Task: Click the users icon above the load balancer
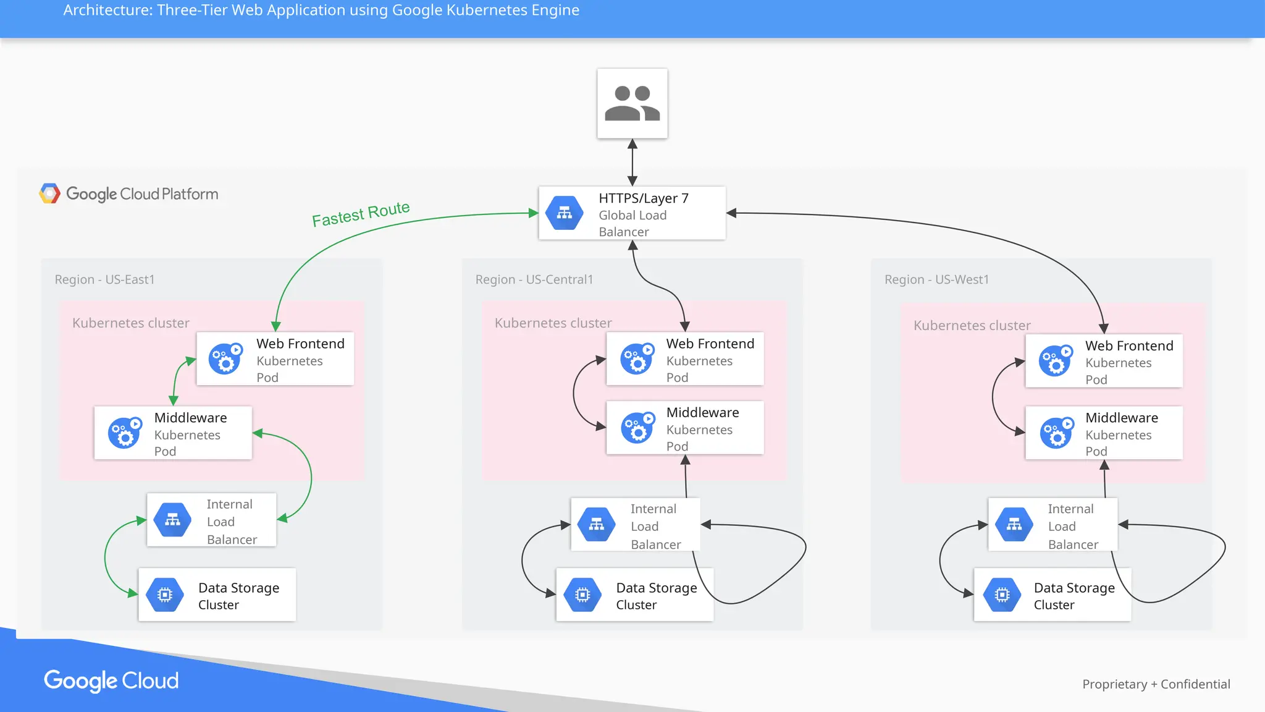(x=632, y=103)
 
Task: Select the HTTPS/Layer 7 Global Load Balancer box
(x=632, y=213)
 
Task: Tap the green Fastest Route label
(x=361, y=214)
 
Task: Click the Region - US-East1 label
(x=104, y=279)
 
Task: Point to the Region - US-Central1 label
(x=534, y=279)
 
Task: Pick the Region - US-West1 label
(x=936, y=279)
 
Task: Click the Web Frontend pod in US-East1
(x=275, y=359)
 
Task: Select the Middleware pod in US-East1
(x=173, y=433)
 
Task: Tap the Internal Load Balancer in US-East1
(x=211, y=520)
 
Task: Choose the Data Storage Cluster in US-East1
(x=217, y=595)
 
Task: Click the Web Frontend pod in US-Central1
(x=684, y=359)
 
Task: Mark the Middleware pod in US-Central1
(x=684, y=428)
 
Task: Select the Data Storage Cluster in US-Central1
(x=634, y=595)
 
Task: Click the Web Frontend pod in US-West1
(x=1104, y=361)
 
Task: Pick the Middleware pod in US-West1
(x=1104, y=433)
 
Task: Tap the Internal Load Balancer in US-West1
(x=1053, y=525)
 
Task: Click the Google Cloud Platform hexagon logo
(x=49, y=193)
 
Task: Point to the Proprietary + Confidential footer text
(x=1156, y=684)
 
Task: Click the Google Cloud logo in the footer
(x=111, y=680)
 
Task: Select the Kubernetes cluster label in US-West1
(x=972, y=326)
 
